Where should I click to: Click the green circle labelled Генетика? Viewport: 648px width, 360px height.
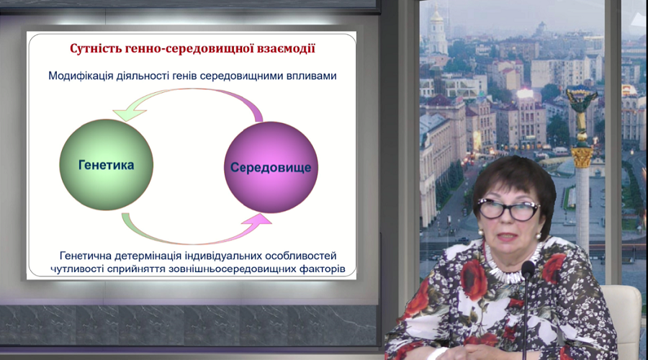pyautogui.click(x=107, y=165)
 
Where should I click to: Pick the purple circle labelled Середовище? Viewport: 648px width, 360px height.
pyautogui.click(x=271, y=167)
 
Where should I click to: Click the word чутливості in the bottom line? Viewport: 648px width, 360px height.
pyautogui.click(x=77, y=269)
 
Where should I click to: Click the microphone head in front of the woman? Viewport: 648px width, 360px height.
pyautogui.click(x=528, y=269)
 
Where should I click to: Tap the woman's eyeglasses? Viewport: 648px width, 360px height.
pyautogui.click(x=508, y=209)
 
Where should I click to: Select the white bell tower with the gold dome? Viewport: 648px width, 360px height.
pyautogui.click(x=437, y=33)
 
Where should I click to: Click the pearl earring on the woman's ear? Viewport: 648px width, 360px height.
pyautogui.click(x=539, y=236)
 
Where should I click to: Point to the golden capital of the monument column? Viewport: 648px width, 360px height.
pyautogui.click(x=582, y=157)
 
